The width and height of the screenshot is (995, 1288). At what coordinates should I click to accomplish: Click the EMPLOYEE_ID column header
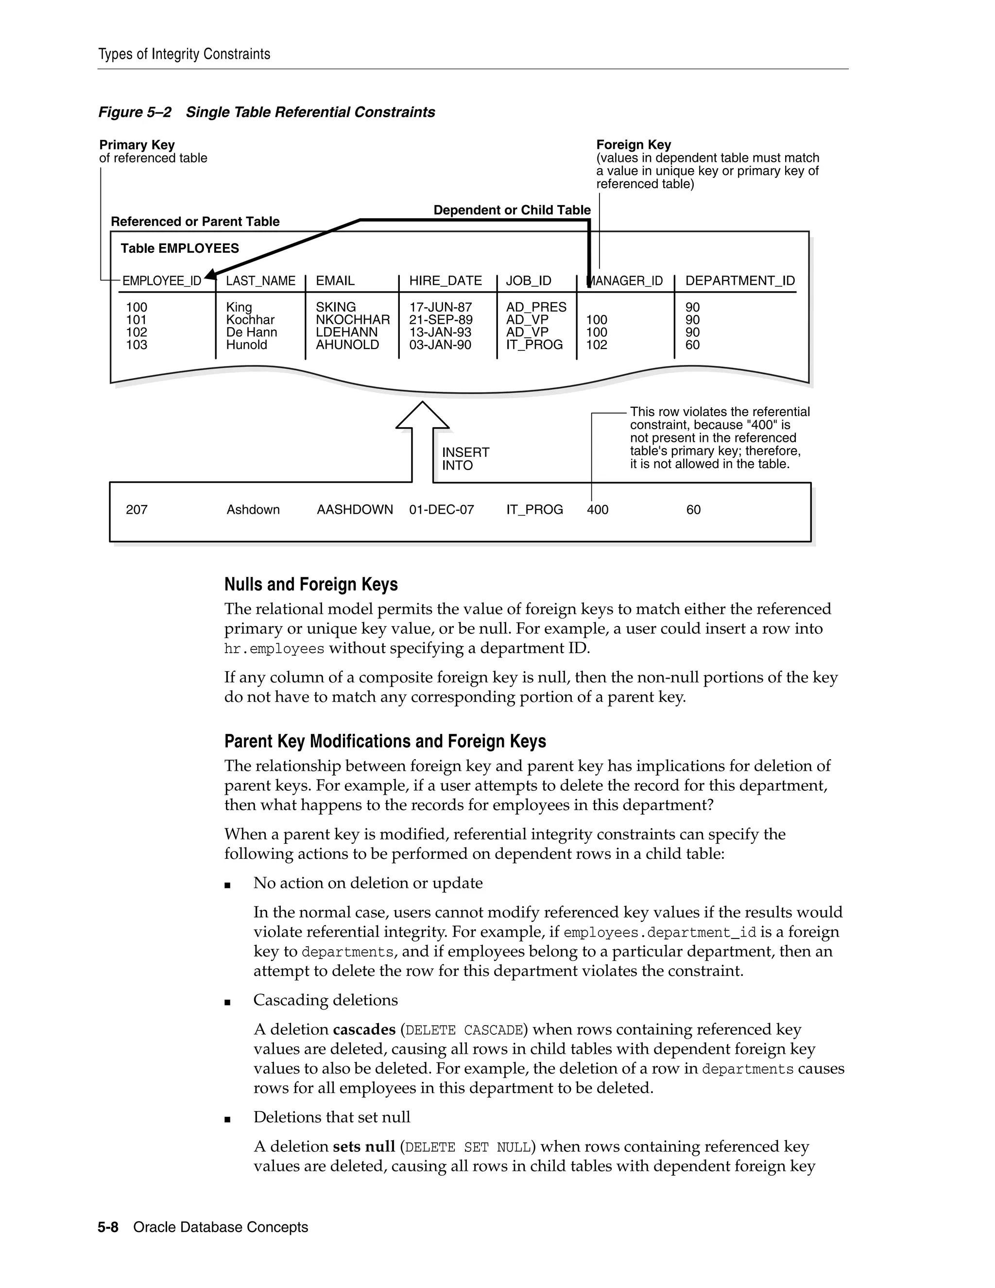click(161, 281)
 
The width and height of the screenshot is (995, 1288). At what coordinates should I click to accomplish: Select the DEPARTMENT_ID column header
click(740, 281)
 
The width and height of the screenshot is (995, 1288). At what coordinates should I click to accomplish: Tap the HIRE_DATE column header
click(446, 281)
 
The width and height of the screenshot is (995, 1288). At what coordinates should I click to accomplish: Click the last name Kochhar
click(250, 320)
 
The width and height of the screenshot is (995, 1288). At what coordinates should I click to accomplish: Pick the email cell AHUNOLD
click(347, 345)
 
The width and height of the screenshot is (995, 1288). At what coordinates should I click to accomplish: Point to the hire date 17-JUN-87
click(440, 307)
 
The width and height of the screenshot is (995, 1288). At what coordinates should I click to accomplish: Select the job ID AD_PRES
click(536, 307)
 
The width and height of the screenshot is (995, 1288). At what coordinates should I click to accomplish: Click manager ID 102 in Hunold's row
click(597, 345)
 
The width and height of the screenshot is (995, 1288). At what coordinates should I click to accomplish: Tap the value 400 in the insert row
click(598, 509)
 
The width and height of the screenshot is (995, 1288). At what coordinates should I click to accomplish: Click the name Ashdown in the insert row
click(253, 509)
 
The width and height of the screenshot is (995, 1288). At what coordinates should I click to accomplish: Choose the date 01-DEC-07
click(442, 509)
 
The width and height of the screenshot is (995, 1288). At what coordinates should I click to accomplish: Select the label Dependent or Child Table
click(512, 210)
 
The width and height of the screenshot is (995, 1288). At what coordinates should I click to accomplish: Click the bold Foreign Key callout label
click(634, 145)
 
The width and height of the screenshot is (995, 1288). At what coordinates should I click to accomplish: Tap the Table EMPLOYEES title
click(180, 248)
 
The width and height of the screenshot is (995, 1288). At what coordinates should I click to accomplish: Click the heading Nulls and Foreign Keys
click(310, 584)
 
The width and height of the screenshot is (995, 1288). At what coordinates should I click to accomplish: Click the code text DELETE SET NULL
click(470, 1147)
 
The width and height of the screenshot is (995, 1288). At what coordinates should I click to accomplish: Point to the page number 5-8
click(108, 1227)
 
